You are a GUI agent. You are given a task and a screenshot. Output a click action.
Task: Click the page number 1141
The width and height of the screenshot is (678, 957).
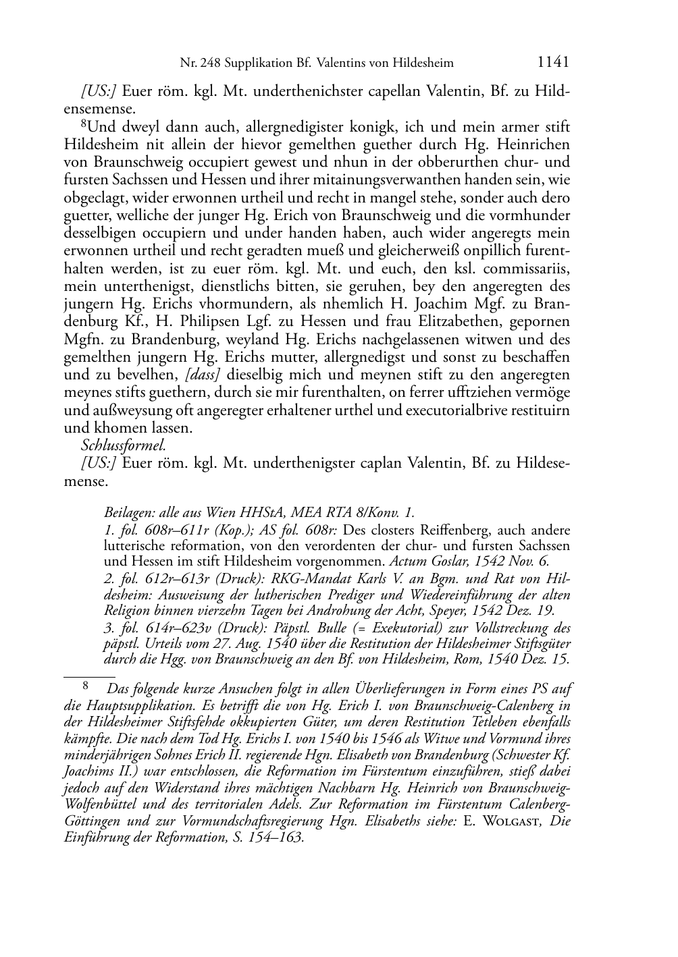553,62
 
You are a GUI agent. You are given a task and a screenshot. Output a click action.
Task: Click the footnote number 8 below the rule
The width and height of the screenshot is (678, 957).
85,688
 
